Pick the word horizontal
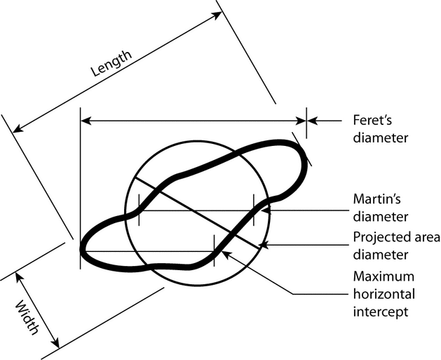coord(384,294)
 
